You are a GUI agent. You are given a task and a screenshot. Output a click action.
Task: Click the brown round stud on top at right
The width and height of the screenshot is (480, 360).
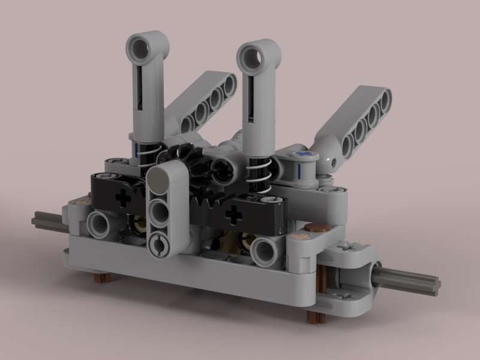[x=317, y=228]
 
